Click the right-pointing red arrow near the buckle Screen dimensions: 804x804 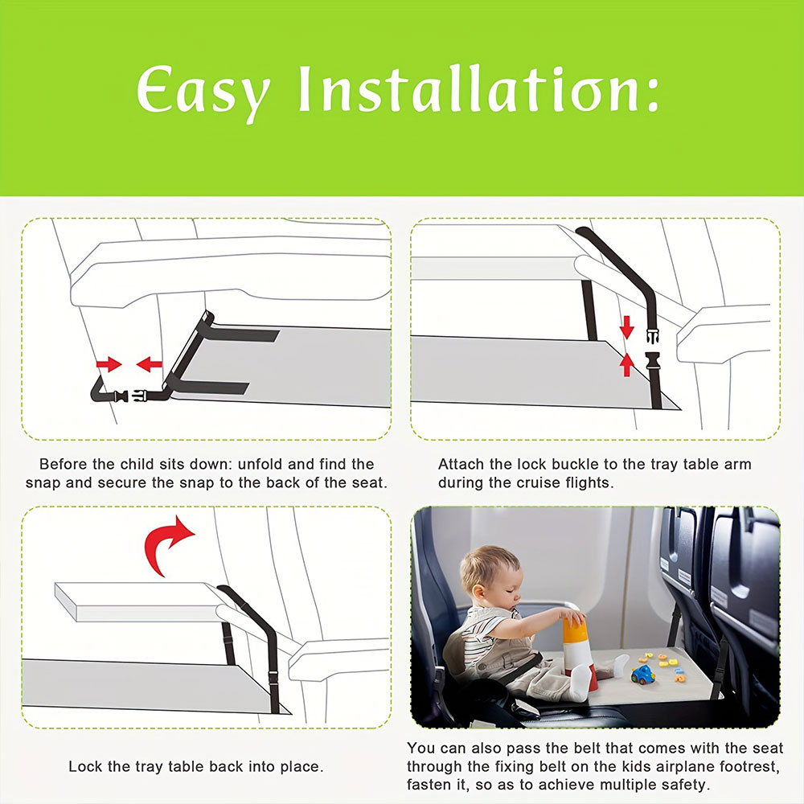pyautogui.click(x=109, y=364)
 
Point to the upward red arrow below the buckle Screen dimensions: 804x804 pyautogui.click(x=627, y=365)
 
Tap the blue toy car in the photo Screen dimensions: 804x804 pyautogui.click(x=642, y=675)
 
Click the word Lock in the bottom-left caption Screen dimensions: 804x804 pyautogui.click(x=84, y=766)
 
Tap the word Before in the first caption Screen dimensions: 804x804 pyautogui.click(x=63, y=464)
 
